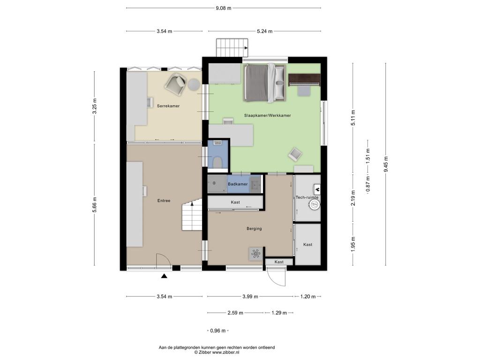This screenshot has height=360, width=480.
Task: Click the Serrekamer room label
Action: tap(168, 106)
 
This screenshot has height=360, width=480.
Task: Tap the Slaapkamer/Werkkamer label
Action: tap(267, 115)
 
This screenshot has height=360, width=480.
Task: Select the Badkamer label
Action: tap(238, 184)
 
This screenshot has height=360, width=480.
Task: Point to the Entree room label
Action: tap(164, 201)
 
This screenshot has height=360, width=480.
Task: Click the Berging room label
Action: tap(254, 228)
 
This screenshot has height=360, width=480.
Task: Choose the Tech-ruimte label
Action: tap(307, 197)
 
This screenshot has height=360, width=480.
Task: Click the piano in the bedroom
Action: tap(304, 80)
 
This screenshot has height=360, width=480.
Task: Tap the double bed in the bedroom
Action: tap(265, 82)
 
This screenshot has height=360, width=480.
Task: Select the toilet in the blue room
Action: tap(217, 162)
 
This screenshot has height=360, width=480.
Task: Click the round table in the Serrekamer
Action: tap(194, 84)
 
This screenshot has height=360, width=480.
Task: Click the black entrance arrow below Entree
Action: tap(165, 276)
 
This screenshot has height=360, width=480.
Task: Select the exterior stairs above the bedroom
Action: tap(232, 47)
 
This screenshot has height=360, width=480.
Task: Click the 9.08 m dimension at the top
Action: tap(224, 8)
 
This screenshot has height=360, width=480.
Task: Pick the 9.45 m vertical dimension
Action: tap(386, 164)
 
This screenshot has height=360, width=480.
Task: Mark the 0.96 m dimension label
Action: tap(217, 330)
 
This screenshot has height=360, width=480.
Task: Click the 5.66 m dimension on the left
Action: tap(94, 203)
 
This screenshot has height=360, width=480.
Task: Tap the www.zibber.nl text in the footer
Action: tap(226, 352)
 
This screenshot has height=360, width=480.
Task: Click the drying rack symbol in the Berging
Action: tap(255, 254)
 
